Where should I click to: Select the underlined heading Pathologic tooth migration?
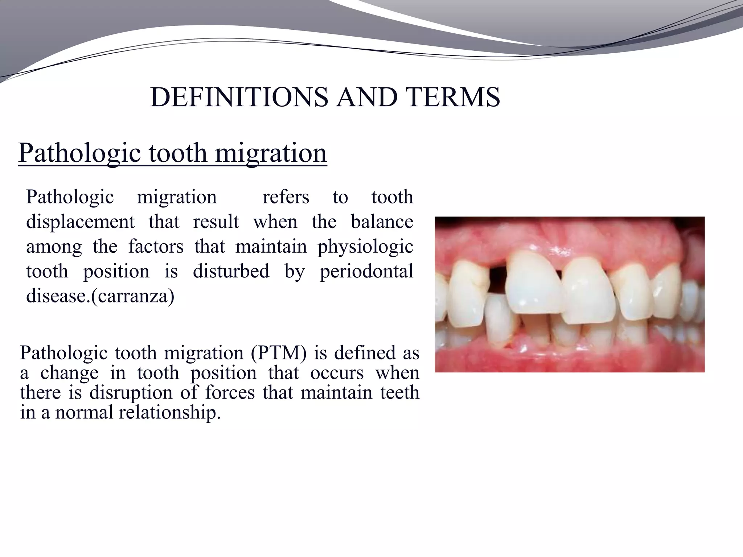point(172,153)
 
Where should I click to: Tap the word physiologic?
point(365,247)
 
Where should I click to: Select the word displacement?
point(80,222)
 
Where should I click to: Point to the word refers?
point(286,198)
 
